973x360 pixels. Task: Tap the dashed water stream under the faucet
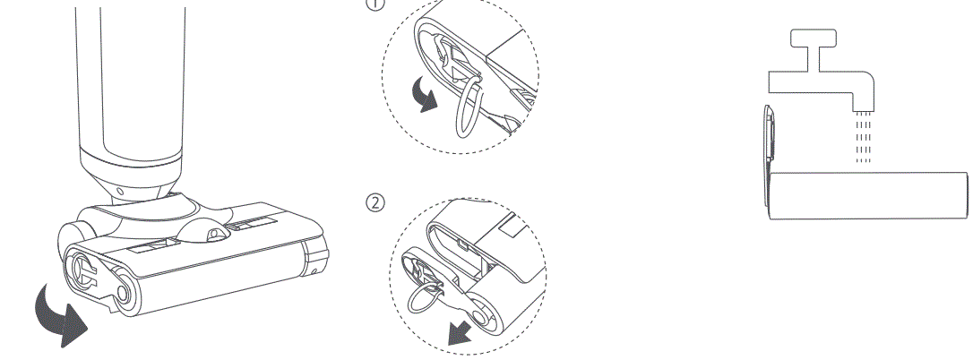[x=863, y=137]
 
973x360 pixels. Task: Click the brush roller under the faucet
[x=869, y=194]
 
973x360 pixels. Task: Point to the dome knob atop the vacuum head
[x=207, y=231]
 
